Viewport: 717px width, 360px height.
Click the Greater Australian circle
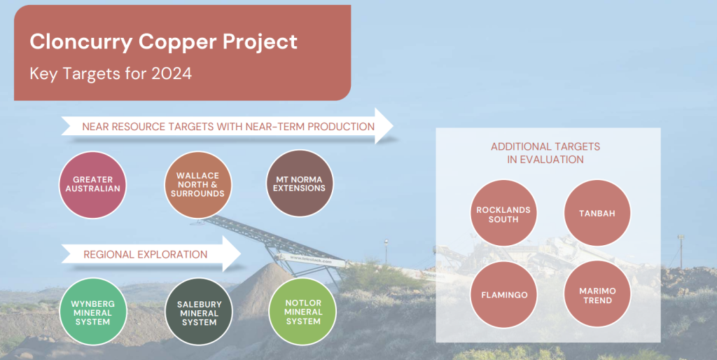(93, 185)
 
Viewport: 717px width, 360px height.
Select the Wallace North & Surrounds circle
(198, 185)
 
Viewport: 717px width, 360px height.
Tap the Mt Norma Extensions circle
(300, 184)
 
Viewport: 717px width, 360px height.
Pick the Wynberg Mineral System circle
(93, 312)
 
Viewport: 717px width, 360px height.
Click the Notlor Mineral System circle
(302, 312)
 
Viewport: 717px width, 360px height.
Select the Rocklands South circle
(503, 213)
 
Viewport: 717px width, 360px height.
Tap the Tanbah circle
(597, 213)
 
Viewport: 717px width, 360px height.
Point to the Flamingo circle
(504, 294)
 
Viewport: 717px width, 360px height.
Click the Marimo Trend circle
(597, 294)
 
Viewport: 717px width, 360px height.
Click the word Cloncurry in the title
(82, 41)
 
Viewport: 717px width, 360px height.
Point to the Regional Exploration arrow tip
(241, 254)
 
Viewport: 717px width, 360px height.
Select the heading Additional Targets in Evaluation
(545, 153)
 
